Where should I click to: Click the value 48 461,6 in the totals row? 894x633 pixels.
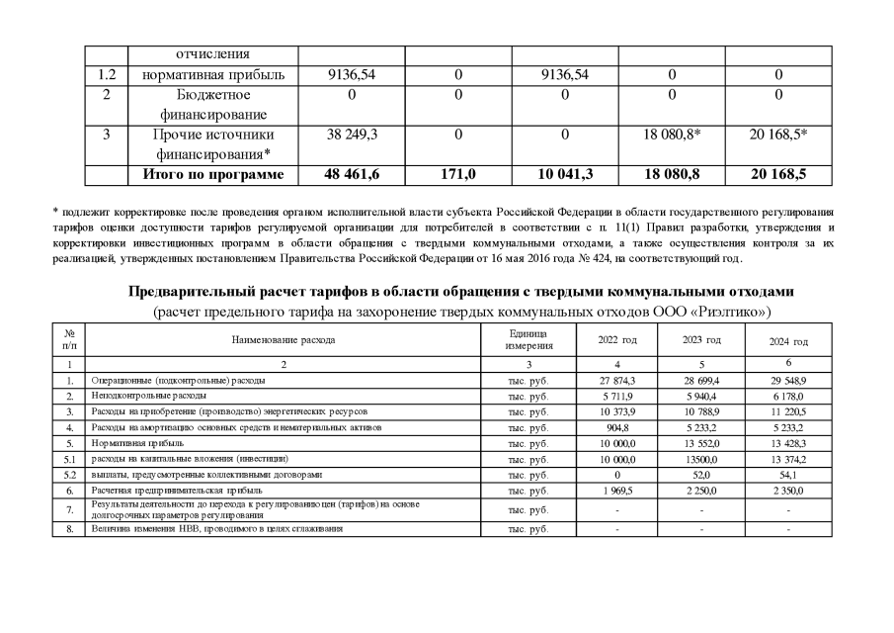coord(353,174)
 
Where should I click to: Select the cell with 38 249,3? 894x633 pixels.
coord(353,134)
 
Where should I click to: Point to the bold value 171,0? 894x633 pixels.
coord(458,174)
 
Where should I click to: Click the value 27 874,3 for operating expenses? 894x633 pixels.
coord(618,379)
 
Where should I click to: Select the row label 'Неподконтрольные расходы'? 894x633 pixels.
coord(149,394)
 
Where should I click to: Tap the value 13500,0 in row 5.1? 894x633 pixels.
coord(702,458)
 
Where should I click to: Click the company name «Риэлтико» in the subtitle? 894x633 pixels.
coord(728,312)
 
